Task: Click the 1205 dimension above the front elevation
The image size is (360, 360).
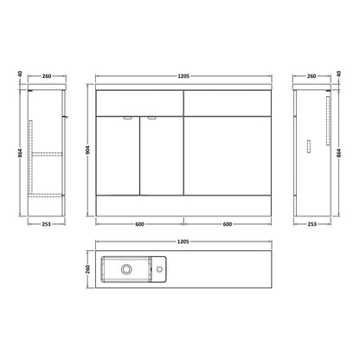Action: pos(183,76)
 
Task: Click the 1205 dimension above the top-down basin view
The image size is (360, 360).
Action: pos(183,241)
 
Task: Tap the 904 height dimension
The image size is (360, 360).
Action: pos(88,150)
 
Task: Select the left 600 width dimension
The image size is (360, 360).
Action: pos(139,224)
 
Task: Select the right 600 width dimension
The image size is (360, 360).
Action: pos(228,224)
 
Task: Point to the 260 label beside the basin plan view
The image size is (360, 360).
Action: pos(88,269)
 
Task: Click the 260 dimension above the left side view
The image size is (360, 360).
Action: pos(47,76)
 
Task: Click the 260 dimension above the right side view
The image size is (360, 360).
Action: pos(312,76)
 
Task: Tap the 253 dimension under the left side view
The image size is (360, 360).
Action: pos(46,224)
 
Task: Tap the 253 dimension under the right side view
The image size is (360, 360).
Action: pos(312,224)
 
